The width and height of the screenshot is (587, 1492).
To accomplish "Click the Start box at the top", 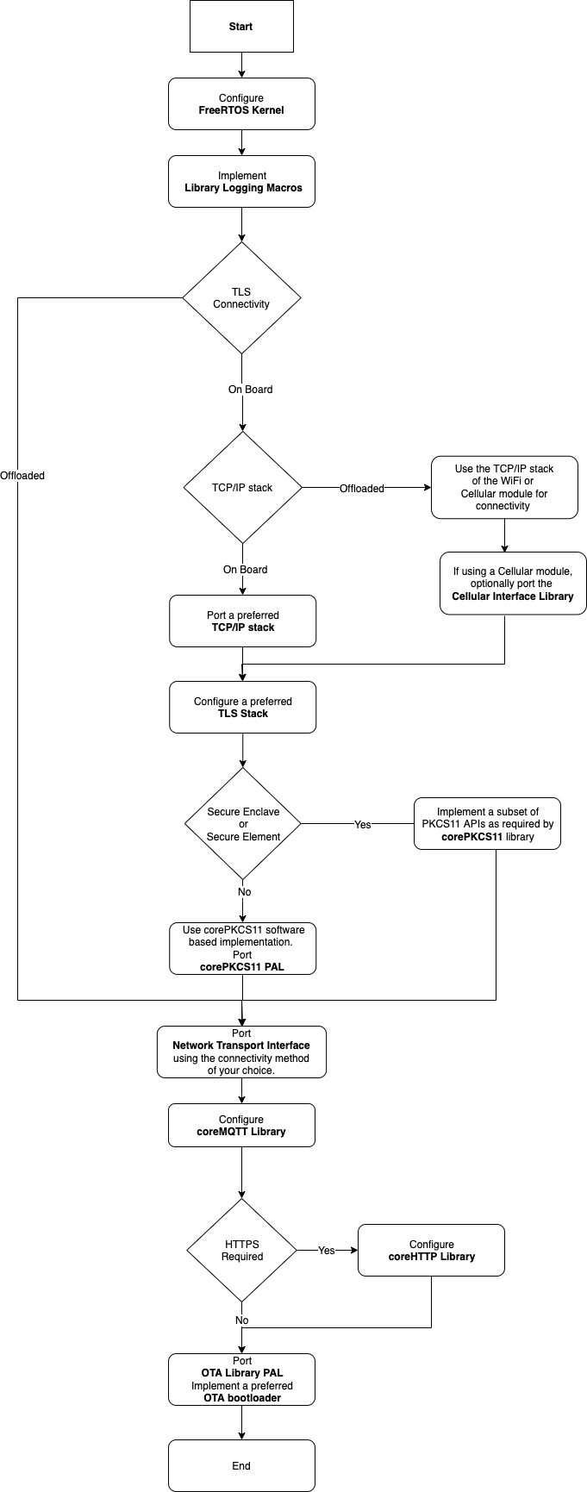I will click(241, 27).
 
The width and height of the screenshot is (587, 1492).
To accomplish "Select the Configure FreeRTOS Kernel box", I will click(241, 104).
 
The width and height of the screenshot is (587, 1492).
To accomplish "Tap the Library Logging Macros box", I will click(241, 182).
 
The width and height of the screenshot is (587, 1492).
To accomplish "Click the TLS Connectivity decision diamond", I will click(241, 298).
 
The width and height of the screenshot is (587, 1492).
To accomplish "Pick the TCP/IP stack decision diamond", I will click(242, 488).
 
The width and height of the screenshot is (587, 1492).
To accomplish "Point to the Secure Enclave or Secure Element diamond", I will click(243, 824).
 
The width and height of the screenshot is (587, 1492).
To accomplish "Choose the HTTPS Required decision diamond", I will click(242, 1251).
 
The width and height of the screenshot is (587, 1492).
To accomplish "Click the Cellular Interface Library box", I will click(513, 584).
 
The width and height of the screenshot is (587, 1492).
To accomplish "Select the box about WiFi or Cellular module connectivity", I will click(504, 488).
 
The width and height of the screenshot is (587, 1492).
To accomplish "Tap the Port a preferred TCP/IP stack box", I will click(243, 621).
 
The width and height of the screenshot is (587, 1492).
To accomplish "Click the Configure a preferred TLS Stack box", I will click(243, 708).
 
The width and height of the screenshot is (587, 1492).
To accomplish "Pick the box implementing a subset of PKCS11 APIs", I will click(487, 824).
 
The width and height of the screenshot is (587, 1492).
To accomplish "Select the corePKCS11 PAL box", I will click(242, 949).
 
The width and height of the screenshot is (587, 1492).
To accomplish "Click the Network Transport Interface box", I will click(241, 1052).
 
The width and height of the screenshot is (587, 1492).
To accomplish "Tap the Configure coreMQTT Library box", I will click(241, 1126).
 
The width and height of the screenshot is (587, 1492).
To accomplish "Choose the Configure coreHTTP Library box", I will click(431, 1251).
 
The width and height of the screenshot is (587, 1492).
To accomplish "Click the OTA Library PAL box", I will click(241, 1380).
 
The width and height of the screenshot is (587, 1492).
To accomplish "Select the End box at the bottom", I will click(241, 1465).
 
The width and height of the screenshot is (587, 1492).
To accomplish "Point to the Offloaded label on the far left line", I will click(22, 476).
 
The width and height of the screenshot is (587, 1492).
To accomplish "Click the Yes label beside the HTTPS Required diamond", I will click(327, 1251).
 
